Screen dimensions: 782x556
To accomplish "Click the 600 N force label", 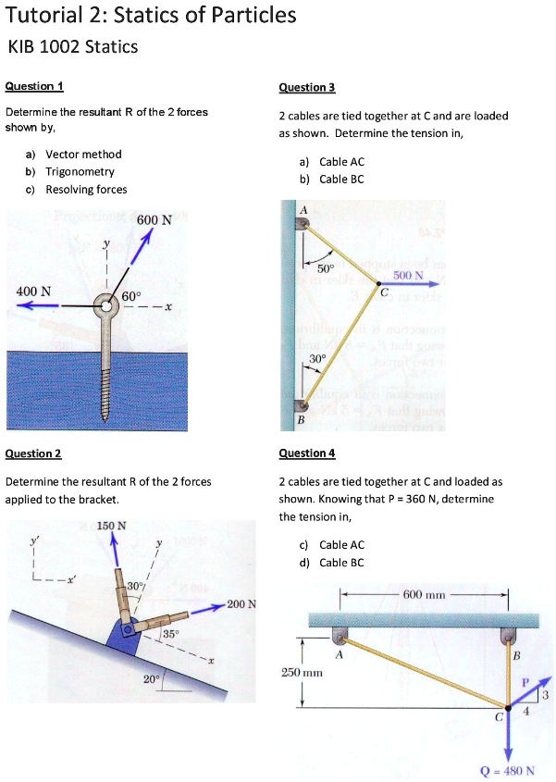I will tap(154, 220).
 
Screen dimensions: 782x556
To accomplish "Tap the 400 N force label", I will tap(34, 292).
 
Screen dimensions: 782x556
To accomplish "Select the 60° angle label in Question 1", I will tap(133, 296).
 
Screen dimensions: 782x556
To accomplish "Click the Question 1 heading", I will tap(34, 86).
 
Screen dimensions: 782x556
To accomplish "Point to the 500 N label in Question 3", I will tap(408, 275).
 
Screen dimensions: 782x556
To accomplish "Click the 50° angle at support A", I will tap(325, 267).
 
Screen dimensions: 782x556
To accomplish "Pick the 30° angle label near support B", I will tap(317, 357).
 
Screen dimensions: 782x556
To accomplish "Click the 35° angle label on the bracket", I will tap(169, 634).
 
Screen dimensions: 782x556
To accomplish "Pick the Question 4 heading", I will tap(306, 453).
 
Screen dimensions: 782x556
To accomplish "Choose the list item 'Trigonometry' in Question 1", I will tap(80, 172).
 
